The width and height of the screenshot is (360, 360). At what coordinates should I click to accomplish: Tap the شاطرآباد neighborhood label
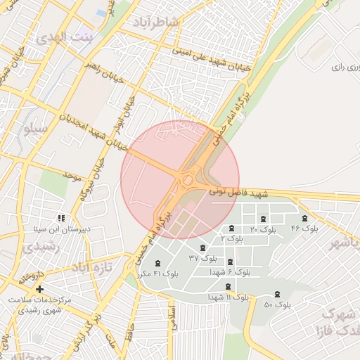156,22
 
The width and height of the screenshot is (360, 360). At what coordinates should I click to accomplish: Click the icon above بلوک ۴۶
304,219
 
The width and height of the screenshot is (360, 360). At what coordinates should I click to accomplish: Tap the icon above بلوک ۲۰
264,219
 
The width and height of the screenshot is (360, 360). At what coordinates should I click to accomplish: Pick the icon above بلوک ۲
231,229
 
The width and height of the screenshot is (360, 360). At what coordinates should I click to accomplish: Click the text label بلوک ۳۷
203,258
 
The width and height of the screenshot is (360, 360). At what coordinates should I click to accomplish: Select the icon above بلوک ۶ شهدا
230,262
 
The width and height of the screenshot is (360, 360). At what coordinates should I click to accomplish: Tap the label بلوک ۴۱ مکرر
157,273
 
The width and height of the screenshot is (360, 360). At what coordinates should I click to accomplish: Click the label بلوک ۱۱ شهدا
228,297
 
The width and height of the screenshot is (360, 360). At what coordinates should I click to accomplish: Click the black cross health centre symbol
39,289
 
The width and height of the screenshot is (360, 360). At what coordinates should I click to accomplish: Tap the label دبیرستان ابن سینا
62,229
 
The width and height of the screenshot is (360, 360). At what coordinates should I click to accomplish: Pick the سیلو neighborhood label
34,129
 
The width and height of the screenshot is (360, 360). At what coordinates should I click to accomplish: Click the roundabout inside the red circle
188,181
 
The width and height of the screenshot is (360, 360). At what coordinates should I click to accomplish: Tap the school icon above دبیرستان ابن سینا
62,218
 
